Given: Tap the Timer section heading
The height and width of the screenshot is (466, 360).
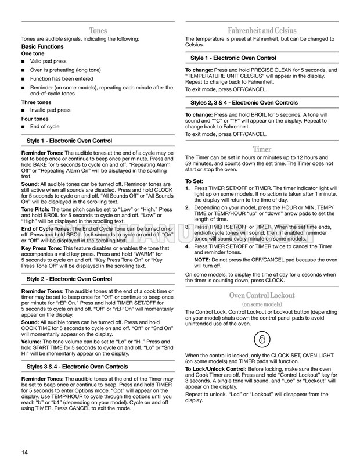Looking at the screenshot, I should coord(262,149).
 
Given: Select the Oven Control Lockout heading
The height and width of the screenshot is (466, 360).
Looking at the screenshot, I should coord(262,295).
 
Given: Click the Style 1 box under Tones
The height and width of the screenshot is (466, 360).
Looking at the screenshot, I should coord(97,141).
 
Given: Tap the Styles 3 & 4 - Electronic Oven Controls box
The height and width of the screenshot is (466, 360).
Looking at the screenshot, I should coord(97,367).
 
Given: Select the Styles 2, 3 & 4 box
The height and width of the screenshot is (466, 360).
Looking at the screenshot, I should coord(262,103).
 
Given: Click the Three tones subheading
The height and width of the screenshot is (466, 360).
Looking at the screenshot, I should coord(35,102).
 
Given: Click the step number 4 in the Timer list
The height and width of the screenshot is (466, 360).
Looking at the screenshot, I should coord(187,246).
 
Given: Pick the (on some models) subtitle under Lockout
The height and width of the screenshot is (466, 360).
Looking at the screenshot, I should coord(262,304).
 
